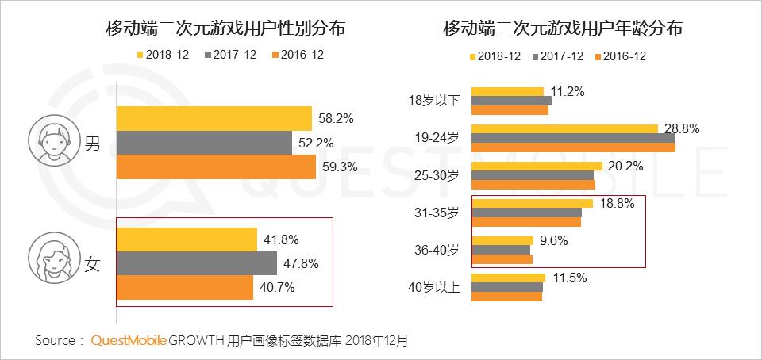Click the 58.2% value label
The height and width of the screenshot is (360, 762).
[337, 118]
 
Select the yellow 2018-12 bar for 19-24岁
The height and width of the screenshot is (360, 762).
[564, 128]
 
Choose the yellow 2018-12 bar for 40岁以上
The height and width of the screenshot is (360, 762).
[508, 278]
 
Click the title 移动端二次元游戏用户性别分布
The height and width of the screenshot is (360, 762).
[230, 30]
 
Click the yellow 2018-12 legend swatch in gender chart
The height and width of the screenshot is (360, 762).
[140, 56]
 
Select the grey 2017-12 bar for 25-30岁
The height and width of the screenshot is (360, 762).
[533, 175]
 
